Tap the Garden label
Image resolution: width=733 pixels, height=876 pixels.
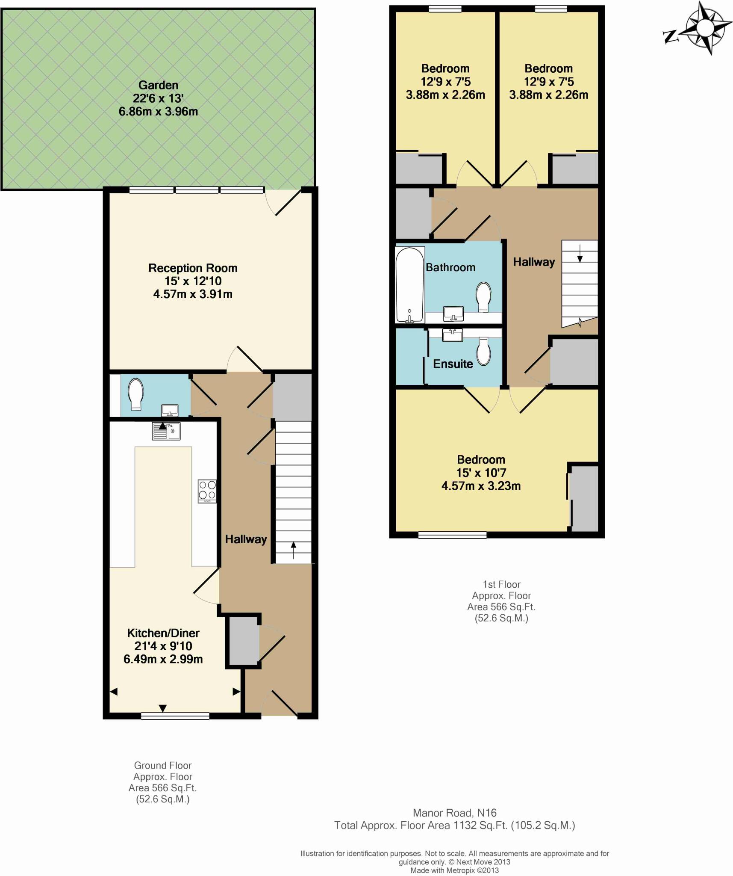click(158, 85)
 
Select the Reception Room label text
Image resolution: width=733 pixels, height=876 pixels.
click(193, 268)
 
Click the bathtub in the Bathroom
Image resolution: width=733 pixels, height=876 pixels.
click(410, 285)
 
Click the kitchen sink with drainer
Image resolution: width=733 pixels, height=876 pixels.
click(166, 431)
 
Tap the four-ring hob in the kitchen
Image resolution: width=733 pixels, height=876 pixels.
click(207, 491)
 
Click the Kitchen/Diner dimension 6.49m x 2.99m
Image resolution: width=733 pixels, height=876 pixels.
click(163, 659)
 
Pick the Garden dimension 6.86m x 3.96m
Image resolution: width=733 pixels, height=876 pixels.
click(158, 112)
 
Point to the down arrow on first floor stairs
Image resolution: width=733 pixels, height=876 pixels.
click(580, 253)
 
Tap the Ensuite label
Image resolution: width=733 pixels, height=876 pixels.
click(453, 364)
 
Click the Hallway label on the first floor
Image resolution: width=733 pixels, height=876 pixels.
click(534, 262)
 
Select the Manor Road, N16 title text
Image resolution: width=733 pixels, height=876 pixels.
click(454, 813)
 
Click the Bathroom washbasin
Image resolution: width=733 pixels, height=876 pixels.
click(453, 314)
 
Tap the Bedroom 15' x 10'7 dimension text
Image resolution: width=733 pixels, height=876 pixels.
click(481, 473)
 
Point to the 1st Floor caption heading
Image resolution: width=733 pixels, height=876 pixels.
click(501, 584)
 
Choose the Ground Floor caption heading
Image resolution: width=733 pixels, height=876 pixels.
click(163, 765)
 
